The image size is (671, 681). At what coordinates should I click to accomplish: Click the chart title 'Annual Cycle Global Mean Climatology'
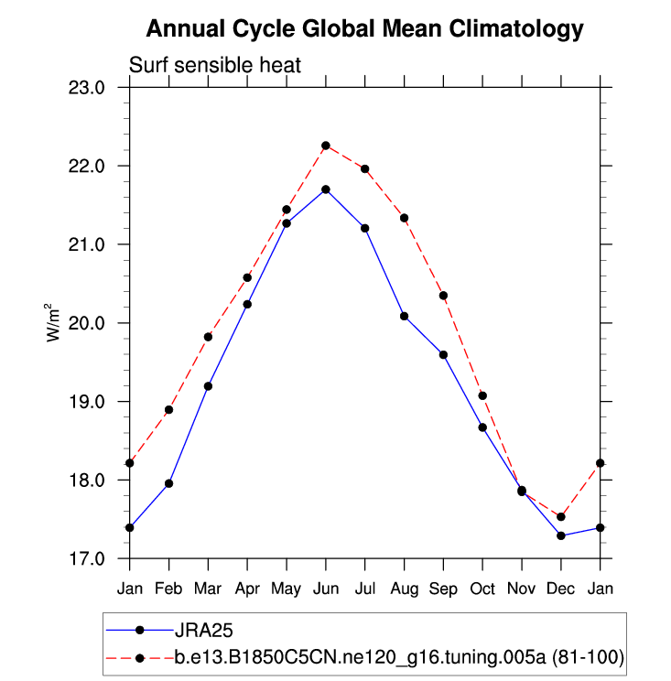pos(364,29)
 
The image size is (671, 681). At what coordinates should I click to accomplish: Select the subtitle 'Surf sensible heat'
pos(215,66)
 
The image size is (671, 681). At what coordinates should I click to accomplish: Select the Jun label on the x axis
pos(325,586)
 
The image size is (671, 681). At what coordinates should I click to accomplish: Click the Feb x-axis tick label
pos(168,586)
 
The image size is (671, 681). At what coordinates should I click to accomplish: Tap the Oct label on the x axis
pos(482,586)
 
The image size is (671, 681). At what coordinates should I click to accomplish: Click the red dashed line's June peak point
pos(326,146)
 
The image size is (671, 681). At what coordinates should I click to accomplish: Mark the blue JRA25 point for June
pos(326,189)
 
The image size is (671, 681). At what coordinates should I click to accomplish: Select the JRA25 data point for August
pos(404,316)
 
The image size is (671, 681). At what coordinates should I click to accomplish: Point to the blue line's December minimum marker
pos(561,535)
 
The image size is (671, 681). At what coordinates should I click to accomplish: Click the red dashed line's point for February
pos(168,410)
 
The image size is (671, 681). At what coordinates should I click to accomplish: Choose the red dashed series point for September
pos(443,296)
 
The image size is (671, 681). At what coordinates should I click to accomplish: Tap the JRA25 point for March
pos(208,386)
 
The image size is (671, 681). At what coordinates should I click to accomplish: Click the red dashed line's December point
pos(561,517)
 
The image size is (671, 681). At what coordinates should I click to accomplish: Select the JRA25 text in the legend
pos(202,630)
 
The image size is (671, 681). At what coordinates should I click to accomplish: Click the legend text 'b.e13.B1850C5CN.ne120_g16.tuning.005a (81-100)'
pos(399,657)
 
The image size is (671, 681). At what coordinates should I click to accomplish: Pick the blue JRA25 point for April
pos(247,304)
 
